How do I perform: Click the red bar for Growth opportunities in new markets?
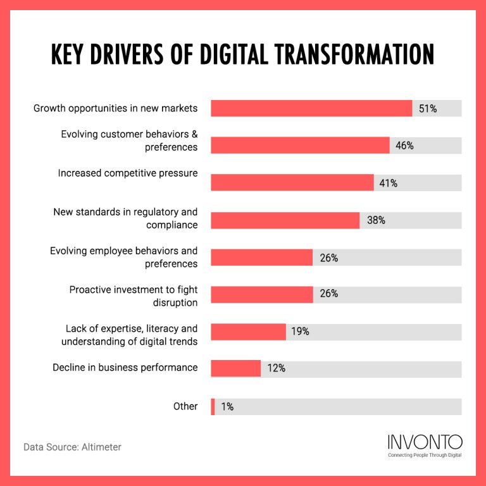[x=311, y=108]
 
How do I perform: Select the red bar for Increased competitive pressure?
[x=292, y=183]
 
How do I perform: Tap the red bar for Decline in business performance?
[x=235, y=368]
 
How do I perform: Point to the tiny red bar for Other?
[x=213, y=407]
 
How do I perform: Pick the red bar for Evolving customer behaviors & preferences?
[x=300, y=146]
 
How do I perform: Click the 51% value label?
[x=428, y=109]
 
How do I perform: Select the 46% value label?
[x=404, y=146]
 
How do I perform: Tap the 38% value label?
[x=375, y=220]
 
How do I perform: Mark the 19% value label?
[x=300, y=331]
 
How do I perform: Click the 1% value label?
[x=227, y=407]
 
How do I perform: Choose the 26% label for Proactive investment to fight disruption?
[x=328, y=294]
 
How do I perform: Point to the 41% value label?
[x=388, y=184]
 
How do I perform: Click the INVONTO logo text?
[x=424, y=442]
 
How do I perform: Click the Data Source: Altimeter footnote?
[x=72, y=447]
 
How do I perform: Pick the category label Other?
[x=185, y=406]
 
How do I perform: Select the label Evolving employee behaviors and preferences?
[x=124, y=257]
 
